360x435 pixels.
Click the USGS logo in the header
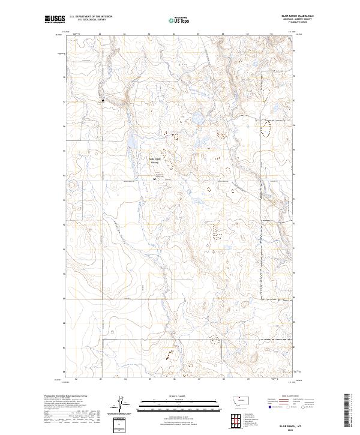coord(55,20)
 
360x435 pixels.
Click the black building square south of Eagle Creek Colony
coord(155,179)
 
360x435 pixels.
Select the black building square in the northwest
coord(103,101)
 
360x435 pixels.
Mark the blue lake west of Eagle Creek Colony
coord(128,142)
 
